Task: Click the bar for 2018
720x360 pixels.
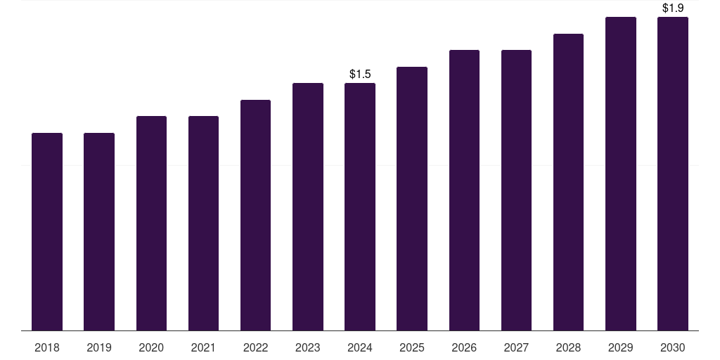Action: (x=47, y=232)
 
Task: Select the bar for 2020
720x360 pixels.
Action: (x=151, y=223)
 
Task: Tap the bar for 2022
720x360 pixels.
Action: (x=255, y=215)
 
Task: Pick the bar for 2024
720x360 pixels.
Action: (x=360, y=207)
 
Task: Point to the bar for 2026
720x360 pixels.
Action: (x=464, y=190)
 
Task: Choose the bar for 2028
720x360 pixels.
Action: (x=568, y=182)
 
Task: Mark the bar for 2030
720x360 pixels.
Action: (x=673, y=174)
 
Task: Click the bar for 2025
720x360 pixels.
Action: (x=412, y=199)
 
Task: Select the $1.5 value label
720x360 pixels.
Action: (x=360, y=74)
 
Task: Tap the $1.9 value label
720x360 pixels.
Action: (x=673, y=8)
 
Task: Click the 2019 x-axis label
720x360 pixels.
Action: (x=99, y=347)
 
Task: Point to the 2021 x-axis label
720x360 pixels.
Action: (x=203, y=347)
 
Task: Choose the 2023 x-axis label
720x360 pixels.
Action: (x=308, y=347)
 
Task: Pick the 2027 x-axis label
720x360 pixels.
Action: (x=516, y=347)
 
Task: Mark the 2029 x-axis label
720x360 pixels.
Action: (x=621, y=347)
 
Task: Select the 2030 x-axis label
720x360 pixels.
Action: (x=673, y=347)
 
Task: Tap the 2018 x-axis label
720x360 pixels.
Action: (x=47, y=347)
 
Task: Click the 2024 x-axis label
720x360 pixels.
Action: (x=360, y=347)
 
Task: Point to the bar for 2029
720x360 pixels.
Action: (x=621, y=174)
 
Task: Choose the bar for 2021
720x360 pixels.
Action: (x=203, y=223)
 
